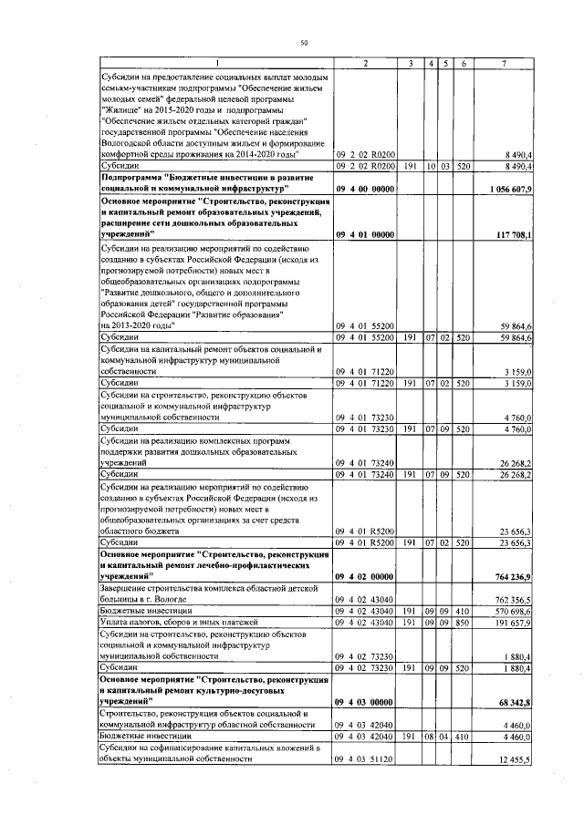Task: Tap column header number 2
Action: [365, 63]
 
